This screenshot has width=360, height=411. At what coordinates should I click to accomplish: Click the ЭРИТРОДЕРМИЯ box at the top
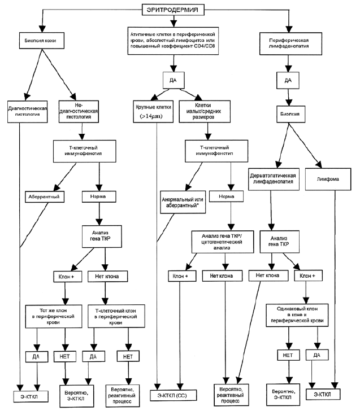pos(173,10)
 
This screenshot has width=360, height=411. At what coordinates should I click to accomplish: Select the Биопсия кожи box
pos(41,41)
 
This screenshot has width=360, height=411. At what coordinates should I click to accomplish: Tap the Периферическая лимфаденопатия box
pos(290,43)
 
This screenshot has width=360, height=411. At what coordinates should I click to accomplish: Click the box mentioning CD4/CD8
pos(173,41)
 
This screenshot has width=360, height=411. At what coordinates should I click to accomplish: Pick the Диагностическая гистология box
pos(27,111)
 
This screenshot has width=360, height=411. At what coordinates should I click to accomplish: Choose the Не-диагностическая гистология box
pos(79,111)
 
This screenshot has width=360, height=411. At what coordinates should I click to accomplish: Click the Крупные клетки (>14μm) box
pos(153,111)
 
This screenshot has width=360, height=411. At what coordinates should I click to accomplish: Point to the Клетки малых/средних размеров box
pos(205,111)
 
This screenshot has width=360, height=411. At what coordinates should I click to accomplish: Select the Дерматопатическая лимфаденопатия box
pos(274,179)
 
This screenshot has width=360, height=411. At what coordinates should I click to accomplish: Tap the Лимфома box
pos(328,179)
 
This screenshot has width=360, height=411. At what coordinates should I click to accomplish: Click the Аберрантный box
pos(45,197)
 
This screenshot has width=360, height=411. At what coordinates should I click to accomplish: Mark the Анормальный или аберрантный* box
pos(183,202)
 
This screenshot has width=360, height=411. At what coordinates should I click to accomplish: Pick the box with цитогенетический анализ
pos(223,242)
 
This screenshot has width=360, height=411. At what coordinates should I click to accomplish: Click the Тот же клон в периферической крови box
pos(54,316)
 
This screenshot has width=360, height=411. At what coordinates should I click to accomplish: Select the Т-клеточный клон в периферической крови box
pos(116,316)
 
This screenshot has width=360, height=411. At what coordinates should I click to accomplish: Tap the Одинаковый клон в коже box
pos(297,315)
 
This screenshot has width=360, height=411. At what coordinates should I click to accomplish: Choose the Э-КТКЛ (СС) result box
pos(173,395)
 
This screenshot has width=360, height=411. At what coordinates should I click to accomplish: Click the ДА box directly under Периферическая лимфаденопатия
pos(288,80)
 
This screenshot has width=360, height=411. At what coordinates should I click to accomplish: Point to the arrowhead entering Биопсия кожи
pos(42,29)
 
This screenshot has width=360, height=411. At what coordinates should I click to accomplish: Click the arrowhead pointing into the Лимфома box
pos(318,165)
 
